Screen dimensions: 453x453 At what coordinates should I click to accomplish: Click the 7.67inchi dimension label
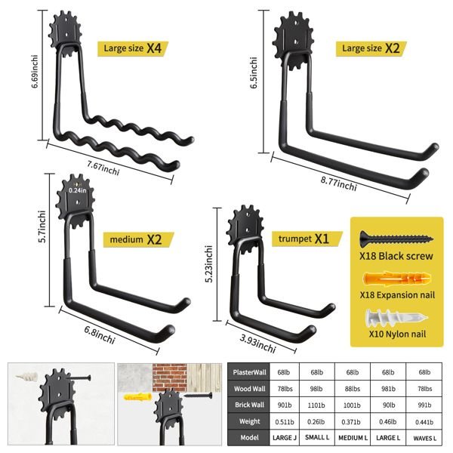point(103,168)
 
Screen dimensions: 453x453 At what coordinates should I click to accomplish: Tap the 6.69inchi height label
point(35,72)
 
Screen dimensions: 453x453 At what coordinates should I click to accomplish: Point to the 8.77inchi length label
point(338,183)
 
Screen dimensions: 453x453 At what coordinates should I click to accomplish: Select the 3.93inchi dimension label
point(257,344)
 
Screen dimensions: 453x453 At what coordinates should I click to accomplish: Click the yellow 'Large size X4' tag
point(133,48)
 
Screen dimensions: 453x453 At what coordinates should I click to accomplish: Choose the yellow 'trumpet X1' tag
point(307,239)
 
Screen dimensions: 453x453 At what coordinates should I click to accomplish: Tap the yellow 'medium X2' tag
point(139,239)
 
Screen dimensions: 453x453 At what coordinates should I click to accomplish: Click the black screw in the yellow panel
point(396,239)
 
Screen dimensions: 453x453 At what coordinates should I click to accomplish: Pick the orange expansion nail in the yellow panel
point(396,279)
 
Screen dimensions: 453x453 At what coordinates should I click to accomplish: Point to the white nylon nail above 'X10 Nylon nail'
point(396,318)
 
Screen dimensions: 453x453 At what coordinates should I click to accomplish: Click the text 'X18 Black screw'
point(396,256)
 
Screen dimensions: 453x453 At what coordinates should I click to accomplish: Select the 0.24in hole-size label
point(78,190)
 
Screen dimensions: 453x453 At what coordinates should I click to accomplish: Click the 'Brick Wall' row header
point(249,405)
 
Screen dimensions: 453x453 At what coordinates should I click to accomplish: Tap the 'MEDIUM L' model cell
point(353,438)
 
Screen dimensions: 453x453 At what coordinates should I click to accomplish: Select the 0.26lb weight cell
point(316,422)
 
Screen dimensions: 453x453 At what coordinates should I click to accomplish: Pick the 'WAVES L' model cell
point(424,438)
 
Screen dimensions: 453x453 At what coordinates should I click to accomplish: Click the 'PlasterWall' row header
point(249,372)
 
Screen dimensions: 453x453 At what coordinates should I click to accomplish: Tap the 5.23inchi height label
point(209,263)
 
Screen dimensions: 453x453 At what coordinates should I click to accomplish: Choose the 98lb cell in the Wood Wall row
point(316,389)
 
